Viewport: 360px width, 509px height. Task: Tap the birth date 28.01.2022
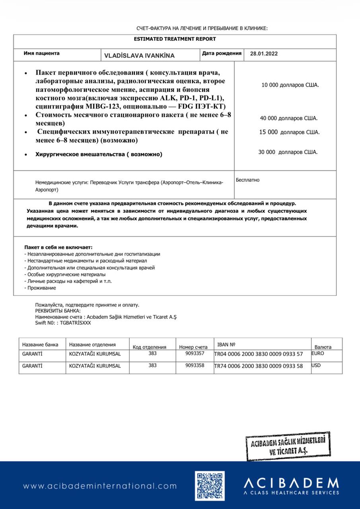click(x=264, y=54)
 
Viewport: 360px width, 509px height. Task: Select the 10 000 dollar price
click(x=290, y=85)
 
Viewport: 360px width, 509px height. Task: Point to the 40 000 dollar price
click(x=288, y=118)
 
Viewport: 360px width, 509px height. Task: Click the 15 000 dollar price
click(x=289, y=132)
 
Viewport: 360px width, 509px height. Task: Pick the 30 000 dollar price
click(x=288, y=152)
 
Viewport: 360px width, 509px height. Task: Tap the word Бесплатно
click(x=247, y=180)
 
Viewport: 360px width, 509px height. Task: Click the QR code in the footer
click(x=210, y=486)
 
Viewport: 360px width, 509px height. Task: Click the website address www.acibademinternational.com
click(x=100, y=486)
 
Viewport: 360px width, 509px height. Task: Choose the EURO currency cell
click(x=318, y=353)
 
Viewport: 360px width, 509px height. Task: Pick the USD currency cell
click(x=316, y=365)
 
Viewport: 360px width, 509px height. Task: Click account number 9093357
click(x=195, y=353)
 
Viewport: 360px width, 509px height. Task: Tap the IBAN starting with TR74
click(x=259, y=366)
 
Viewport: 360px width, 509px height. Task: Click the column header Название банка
click(x=40, y=345)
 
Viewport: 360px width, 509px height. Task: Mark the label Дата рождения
click(x=222, y=53)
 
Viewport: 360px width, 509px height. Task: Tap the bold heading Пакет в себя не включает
click(x=58, y=247)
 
